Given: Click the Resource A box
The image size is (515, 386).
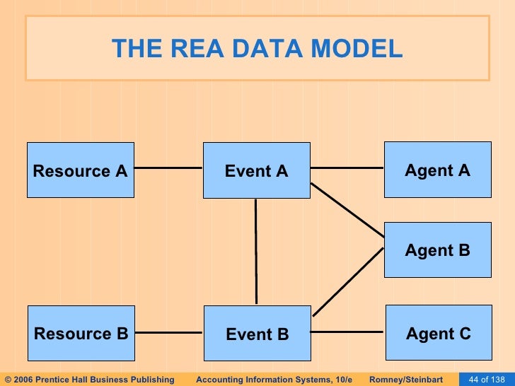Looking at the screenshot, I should click(x=80, y=170).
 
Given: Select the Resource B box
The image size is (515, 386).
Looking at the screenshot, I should click(x=80, y=333).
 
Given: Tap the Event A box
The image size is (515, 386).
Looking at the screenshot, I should click(x=256, y=170).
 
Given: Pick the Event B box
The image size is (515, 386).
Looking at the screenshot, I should click(x=257, y=334).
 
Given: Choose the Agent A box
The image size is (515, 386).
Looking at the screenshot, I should click(x=437, y=169).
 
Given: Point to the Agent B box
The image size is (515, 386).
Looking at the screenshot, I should click(x=437, y=250).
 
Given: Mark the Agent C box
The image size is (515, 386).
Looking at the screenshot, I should click(x=437, y=332).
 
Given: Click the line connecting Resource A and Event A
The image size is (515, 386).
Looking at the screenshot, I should click(x=168, y=168).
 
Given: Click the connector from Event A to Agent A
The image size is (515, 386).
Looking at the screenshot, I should click(x=347, y=168).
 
